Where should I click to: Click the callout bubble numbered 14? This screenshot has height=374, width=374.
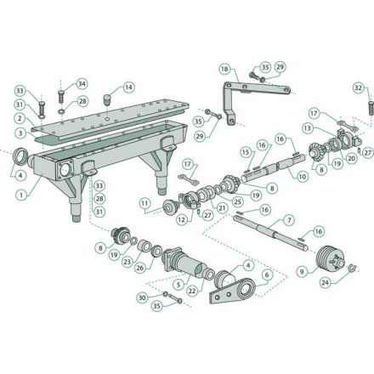pyautogui.click(x=128, y=88)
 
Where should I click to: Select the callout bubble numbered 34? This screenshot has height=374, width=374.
pyautogui.click(x=82, y=84)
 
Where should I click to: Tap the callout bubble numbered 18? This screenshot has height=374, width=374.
pyautogui.click(x=224, y=69)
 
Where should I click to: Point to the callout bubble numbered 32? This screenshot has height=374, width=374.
pyautogui.click(x=359, y=88)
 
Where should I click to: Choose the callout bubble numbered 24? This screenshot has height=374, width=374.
pyautogui.click(x=326, y=282)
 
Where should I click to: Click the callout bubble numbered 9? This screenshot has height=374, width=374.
pyautogui.click(x=302, y=272)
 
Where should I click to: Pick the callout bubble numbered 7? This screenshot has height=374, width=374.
pyautogui.click(x=289, y=220)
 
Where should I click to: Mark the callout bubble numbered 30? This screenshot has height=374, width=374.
pyautogui.click(x=143, y=297)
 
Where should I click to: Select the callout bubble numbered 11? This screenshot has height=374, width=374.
pyautogui.click(x=144, y=203)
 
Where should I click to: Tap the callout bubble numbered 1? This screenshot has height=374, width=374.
pyautogui.click(x=21, y=195)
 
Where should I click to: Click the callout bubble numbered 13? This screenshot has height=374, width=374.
pyautogui.click(x=308, y=128)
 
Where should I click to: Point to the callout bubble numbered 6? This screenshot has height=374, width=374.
pyautogui.click(x=267, y=275)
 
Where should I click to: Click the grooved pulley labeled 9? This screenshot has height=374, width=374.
pyautogui.click(x=330, y=259)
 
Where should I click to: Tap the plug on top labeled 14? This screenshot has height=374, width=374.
pyautogui.click(x=107, y=99)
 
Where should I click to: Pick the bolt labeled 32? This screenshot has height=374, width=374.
pyautogui.click(x=371, y=108)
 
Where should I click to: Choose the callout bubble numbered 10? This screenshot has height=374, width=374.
pyautogui.click(x=303, y=177)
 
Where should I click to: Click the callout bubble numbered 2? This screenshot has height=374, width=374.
pyautogui.click(x=20, y=118)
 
